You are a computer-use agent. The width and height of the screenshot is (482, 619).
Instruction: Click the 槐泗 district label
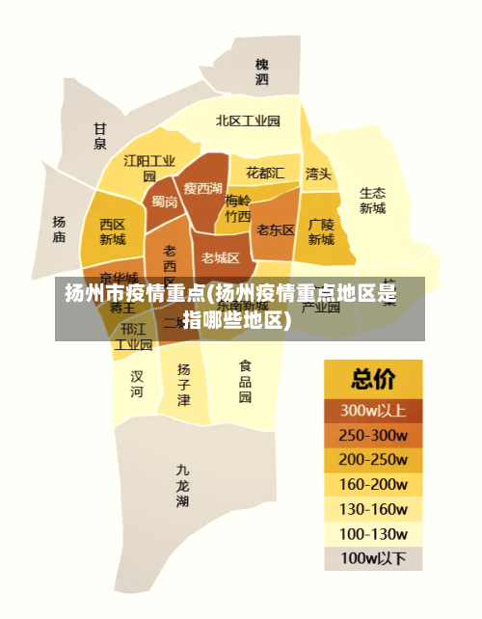[x=262, y=71]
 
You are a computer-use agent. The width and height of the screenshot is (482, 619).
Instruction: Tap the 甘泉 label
[x=100, y=136]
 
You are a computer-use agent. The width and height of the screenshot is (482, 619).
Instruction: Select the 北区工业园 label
[x=248, y=121]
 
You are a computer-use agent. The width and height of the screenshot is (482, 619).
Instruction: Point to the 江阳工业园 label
[x=149, y=168]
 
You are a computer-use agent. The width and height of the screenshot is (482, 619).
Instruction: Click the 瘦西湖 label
[x=203, y=188]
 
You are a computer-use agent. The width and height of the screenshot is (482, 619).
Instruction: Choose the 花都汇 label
[x=265, y=173]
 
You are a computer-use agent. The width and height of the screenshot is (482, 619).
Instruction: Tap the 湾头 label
[x=318, y=174]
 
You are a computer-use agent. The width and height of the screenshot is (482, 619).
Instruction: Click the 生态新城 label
[x=372, y=200]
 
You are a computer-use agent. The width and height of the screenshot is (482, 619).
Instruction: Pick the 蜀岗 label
[x=164, y=202]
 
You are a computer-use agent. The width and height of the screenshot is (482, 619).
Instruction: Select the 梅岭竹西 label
[x=237, y=208]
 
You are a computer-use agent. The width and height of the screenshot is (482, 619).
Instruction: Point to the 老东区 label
[x=276, y=229]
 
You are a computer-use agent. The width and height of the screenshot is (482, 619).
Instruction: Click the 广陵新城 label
[x=321, y=231]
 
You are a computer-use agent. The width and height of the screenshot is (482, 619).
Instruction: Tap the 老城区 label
[x=221, y=257]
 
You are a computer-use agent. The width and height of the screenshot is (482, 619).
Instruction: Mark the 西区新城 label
[x=113, y=231]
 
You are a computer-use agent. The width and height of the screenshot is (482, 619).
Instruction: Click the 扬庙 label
[x=59, y=229]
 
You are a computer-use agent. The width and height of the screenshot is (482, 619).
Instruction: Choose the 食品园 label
[x=245, y=381]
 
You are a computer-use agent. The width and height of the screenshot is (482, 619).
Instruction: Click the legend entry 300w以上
[x=373, y=409]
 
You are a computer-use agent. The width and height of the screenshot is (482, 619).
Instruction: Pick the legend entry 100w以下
[x=373, y=557]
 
